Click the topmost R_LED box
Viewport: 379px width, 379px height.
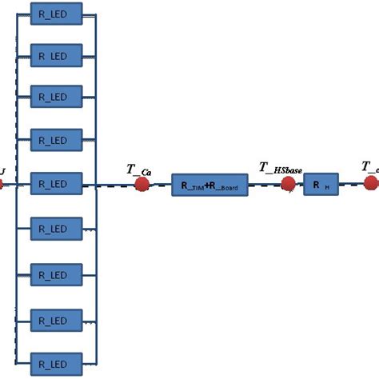pos(56,11)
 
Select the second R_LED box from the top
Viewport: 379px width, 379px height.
pos(56,55)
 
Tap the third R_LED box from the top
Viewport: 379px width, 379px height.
pos(56,98)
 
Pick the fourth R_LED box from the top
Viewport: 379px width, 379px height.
pos(56,142)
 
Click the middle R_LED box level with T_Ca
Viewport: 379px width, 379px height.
pos(56,185)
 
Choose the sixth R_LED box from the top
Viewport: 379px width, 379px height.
pos(56,229)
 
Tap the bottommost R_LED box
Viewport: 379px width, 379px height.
pos(56,359)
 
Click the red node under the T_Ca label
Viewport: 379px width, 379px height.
pos(142,185)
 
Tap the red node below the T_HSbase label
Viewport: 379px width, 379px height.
pos(288,185)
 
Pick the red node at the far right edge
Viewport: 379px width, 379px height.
pos(372,184)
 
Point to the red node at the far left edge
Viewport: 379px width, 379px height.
pos(2,185)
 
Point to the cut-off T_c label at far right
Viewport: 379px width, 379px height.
pos(369,167)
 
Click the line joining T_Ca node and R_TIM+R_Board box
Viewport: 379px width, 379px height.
pos(160,186)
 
